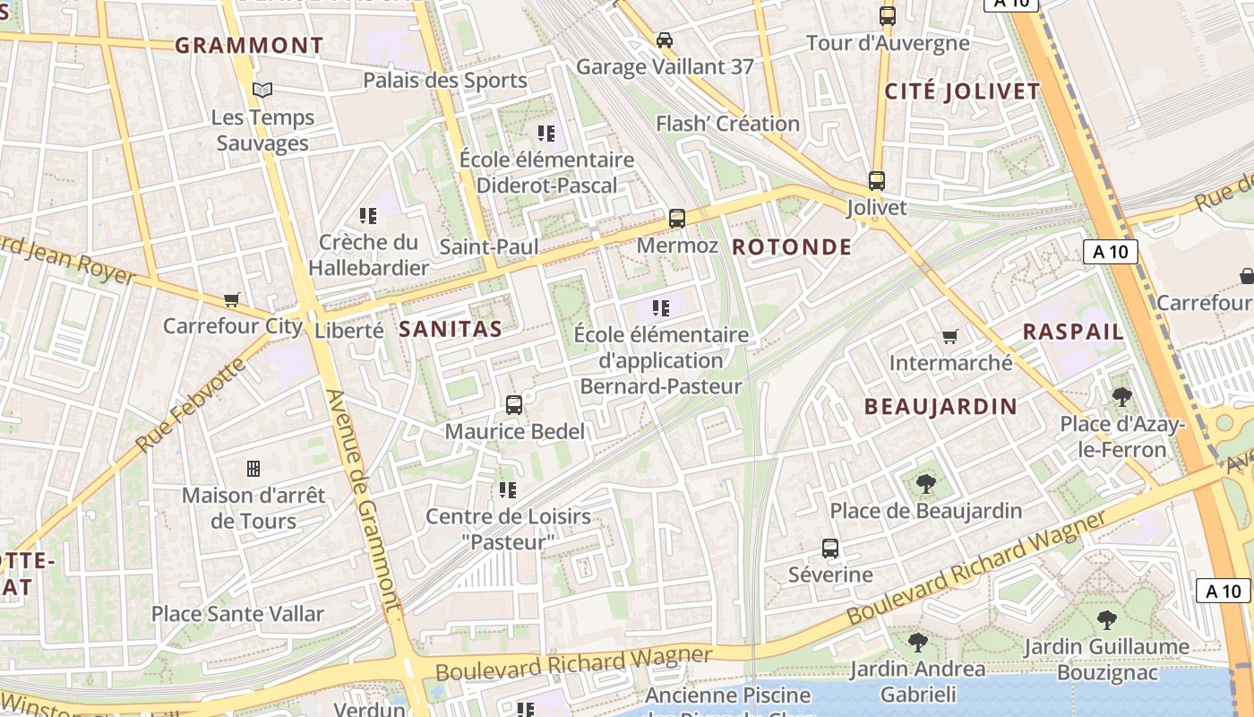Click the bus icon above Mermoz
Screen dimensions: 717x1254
click(677, 219)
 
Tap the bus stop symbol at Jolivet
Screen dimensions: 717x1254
click(876, 181)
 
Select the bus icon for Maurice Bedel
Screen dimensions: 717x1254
click(514, 405)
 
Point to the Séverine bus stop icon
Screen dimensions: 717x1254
click(830, 549)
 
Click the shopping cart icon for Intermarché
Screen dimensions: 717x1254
click(950, 337)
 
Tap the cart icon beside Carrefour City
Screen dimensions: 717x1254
click(232, 300)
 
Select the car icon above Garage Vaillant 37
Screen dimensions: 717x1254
click(665, 40)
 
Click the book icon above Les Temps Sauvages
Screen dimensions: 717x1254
click(262, 90)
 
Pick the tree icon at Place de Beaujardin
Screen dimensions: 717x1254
click(926, 485)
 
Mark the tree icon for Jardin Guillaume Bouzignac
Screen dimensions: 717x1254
click(1107, 619)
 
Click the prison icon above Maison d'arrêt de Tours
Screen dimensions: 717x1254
click(253, 469)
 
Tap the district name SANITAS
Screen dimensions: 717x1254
click(451, 329)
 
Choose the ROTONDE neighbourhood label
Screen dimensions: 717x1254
click(792, 247)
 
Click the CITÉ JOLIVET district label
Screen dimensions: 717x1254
click(962, 91)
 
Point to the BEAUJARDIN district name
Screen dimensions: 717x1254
click(940, 407)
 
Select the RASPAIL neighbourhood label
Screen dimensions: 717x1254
click(1073, 332)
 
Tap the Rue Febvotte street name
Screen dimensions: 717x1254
click(190, 405)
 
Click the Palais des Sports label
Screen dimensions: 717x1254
click(445, 81)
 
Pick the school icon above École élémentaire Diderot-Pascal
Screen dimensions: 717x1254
click(546, 134)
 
